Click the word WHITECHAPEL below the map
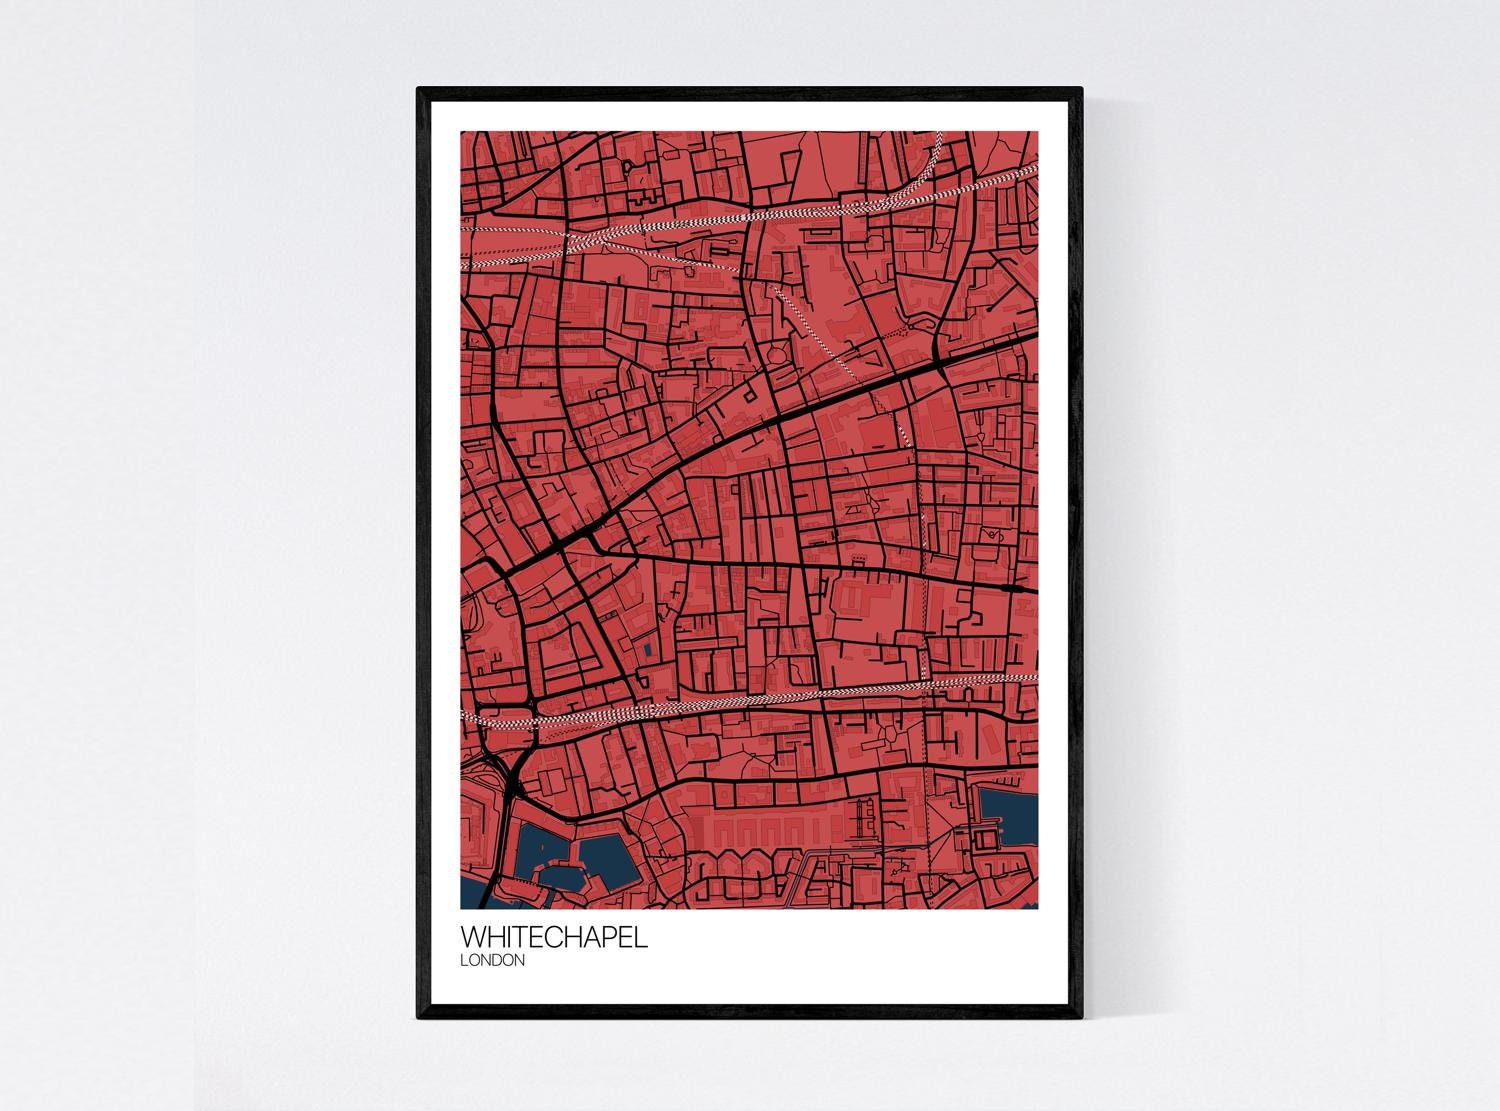click(553, 938)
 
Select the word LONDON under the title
click(492, 961)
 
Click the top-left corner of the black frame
click(419, 90)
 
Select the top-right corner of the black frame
click(1081, 90)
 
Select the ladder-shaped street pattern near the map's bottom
click(861, 820)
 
